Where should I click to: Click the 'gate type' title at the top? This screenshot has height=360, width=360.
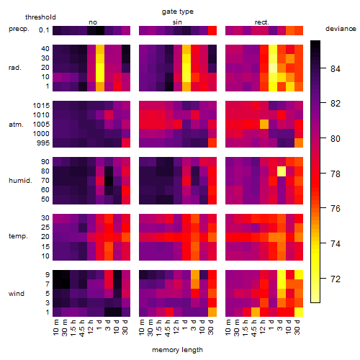(178, 12)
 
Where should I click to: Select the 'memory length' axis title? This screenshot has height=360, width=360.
(177, 350)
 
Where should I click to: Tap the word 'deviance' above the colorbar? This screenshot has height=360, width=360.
(341, 29)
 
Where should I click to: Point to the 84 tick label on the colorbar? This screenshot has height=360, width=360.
(336, 69)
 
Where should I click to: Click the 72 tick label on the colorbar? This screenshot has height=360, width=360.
(336, 279)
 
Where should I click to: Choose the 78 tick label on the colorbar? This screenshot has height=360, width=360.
(336, 174)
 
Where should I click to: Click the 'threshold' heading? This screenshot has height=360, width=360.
(40, 17)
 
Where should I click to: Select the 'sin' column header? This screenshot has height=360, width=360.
(177, 22)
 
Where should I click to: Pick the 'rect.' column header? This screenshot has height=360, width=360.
(262, 22)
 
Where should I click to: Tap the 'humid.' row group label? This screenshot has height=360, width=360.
(20, 181)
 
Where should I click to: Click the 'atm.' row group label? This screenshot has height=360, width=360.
(16, 125)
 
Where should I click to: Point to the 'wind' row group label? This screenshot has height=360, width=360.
(17, 294)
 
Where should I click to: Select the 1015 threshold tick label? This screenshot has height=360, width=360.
(41, 106)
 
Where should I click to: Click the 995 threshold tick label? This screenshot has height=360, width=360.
(43, 143)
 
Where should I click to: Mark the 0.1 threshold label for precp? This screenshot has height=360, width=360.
(44, 30)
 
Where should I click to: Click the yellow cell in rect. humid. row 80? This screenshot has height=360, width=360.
(282, 171)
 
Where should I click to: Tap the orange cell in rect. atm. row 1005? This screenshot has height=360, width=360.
(264, 125)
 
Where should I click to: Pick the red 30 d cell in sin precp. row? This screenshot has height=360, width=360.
(212, 30)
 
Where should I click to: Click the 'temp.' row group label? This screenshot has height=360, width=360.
(18, 236)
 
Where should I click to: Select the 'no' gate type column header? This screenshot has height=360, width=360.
(93, 22)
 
